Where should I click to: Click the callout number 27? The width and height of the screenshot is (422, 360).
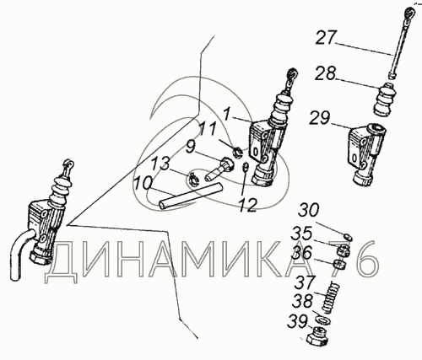pos(326,38)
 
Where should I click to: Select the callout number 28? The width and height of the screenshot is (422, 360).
pos(325,73)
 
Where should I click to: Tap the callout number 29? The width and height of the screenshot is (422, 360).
pos(320,118)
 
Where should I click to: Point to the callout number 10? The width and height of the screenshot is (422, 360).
pos(143,183)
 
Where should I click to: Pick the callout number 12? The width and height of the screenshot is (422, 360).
pos(247,205)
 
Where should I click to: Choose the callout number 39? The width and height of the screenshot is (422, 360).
pos(297,322)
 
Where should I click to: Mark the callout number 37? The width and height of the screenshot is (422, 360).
pos(304,282)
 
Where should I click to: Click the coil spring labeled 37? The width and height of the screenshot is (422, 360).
pos(332,298)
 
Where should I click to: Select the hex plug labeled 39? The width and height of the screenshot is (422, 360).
pos(318,337)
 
